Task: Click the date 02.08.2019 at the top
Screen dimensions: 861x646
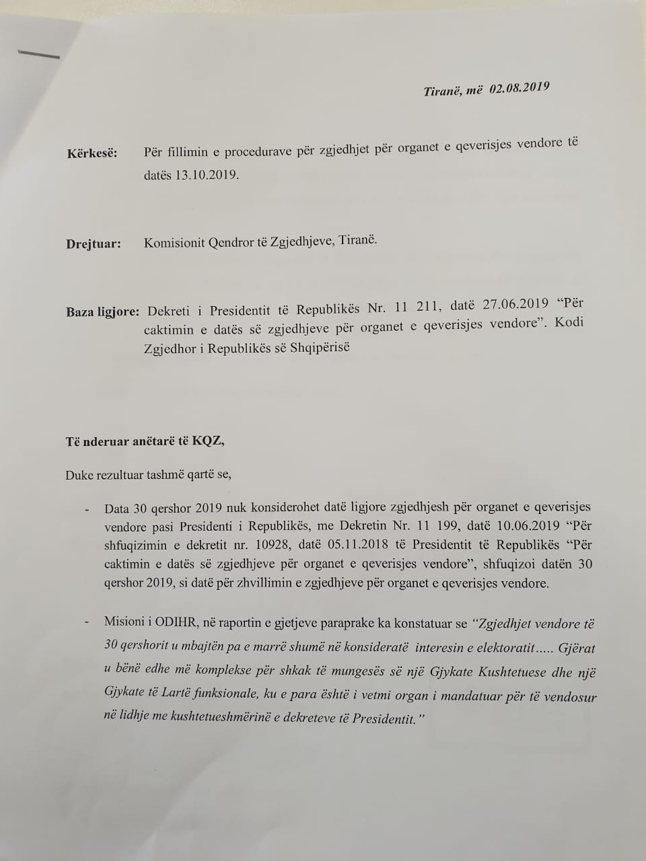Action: (x=519, y=88)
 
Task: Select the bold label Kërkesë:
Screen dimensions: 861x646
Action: (x=92, y=154)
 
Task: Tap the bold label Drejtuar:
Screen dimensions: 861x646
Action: (x=94, y=244)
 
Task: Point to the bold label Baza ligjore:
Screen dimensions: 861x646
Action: (x=103, y=312)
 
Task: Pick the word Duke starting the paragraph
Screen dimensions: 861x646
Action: (x=79, y=475)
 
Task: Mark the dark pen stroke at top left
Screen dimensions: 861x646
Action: (x=38, y=54)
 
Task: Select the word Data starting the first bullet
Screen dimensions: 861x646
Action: (x=117, y=507)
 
